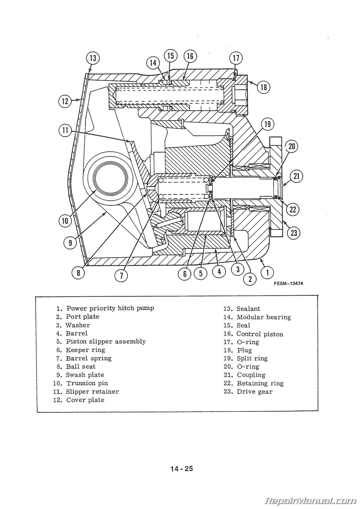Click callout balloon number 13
93,58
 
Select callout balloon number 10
65,221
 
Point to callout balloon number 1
268,272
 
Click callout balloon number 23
294,232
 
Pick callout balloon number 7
121,275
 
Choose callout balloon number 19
268,124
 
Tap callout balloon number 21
296,176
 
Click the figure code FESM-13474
288,284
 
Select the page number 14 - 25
181,469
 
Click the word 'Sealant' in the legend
248,309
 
